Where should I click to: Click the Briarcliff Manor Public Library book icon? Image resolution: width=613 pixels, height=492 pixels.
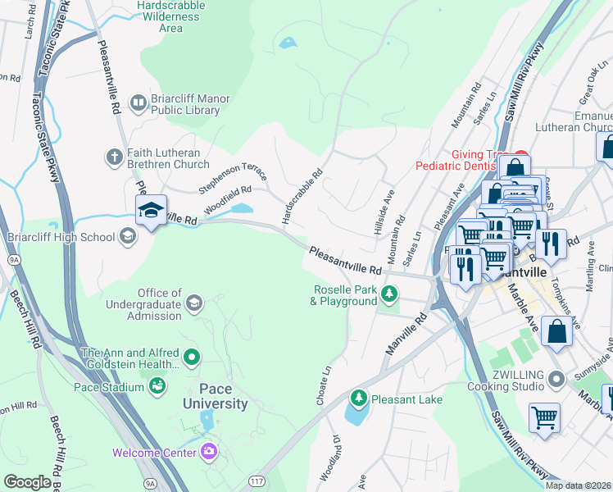pyautogui.click(x=138, y=102)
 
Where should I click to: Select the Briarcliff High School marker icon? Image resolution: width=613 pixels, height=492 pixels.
pyautogui.click(x=127, y=237)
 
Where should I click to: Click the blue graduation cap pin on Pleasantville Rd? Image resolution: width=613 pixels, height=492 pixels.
pyautogui.click(x=151, y=211)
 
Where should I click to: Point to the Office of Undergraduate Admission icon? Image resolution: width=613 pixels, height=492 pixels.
pyautogui.click(x=194, y=303)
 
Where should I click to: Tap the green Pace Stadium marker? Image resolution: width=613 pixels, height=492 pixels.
pyautogui.click(x=157, y=385)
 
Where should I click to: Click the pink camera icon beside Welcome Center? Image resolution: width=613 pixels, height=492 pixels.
pyautogui.click(x=210, y=452)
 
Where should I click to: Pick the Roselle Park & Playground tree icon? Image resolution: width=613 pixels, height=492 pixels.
pyautogui.click(x=391, y=294)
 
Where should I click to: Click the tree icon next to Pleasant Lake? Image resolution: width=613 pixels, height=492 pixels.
pyautogui.click(x=358, y=399)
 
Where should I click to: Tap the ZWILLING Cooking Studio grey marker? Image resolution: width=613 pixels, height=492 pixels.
pyautogui.click(x=557, y=379)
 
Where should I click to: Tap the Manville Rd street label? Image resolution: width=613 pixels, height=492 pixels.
pyautogui.click(x=407, y=333)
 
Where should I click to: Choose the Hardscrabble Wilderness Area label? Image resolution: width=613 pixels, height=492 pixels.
pyautogui.click(x=171, y=16)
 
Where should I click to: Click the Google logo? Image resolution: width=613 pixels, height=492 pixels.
pyautogui.click(x=28, y=481)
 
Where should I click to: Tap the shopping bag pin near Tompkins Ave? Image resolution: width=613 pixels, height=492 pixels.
pyautogui.click(x=556, y=332)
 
